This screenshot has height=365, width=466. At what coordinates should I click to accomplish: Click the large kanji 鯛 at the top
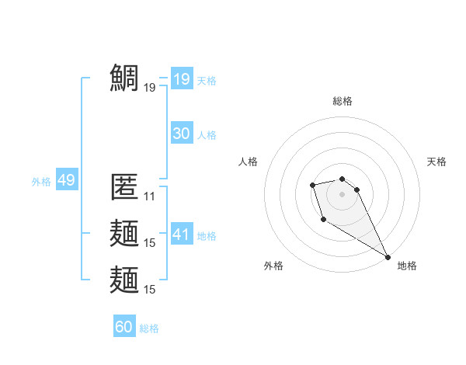click(x=124, y=78)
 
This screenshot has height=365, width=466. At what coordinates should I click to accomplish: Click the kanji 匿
click(x=124, y=187)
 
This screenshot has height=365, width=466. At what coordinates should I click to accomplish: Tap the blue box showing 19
click(x=181, y=78)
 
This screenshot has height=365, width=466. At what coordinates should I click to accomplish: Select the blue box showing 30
click(x=181, y=134)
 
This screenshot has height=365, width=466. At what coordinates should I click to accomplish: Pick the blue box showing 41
click(x=181, y=235)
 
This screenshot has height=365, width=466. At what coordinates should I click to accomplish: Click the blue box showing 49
click(x=66, y=181)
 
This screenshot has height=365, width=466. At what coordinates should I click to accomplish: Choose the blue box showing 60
click(x=123, y=327)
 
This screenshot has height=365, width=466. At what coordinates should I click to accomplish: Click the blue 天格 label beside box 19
click(x=207, y=80)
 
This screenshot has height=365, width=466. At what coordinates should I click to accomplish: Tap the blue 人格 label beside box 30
click(x=207, y=135)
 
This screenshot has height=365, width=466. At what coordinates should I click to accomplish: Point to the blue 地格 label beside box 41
click(x=207, y=236)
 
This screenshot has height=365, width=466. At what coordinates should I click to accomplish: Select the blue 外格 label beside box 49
click(x=41, y=182)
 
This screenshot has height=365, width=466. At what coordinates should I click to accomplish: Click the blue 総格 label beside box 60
click(x=149, y=328)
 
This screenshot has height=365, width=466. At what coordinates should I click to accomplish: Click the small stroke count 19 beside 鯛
click(x=150, y=88)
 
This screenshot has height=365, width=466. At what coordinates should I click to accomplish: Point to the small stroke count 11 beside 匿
click(x=150, y=196)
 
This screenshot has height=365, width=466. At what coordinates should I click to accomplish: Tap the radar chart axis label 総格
click(x=343, y=101)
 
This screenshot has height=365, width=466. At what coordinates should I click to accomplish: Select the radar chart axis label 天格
click(x=436, y=162)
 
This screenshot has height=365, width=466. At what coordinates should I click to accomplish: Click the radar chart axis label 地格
click(x=407, y=266)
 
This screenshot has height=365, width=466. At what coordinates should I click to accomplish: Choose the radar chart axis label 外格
click(x=273, y=266)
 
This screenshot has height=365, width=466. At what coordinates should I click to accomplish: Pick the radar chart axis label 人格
click(x=249, y=162)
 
